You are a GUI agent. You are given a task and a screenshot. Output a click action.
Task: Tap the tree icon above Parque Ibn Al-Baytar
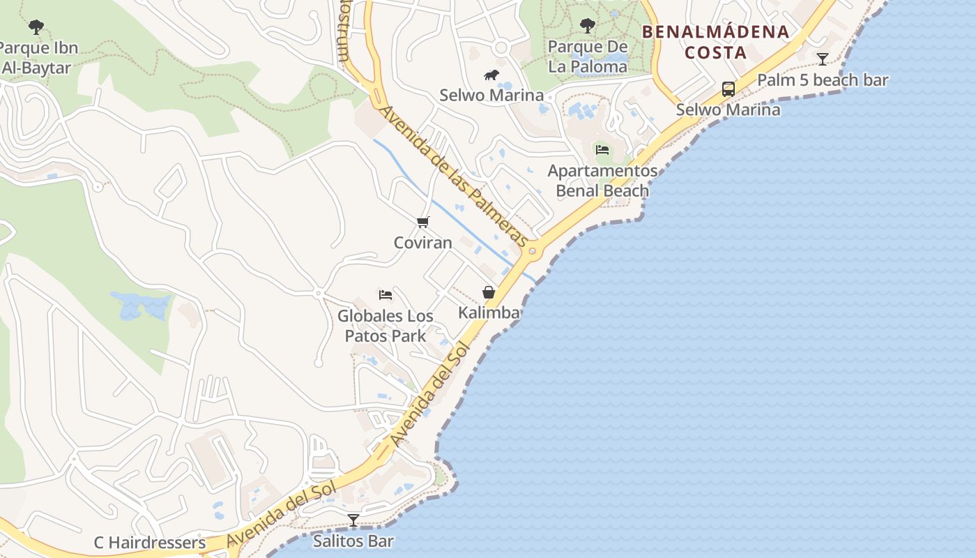point(36,27)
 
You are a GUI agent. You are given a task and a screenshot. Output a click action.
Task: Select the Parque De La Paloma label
point(588,56)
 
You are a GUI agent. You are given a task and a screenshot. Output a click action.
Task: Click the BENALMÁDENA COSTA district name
point(715,42)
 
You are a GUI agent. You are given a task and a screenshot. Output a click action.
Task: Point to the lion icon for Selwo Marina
point(491,75)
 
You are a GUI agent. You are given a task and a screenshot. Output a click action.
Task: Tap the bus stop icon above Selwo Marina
point(729,89)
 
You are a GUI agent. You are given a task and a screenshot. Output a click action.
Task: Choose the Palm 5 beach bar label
point(823,80)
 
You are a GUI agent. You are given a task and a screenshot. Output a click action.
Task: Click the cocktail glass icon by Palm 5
point(823,59)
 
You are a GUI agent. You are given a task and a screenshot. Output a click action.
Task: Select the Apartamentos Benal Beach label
point(602,181)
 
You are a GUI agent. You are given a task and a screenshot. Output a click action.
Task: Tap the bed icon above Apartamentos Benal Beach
point(602,149)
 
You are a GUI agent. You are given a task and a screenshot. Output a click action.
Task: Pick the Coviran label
point(423,243)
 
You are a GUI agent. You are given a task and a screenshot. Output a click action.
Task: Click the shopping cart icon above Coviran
point(423,223)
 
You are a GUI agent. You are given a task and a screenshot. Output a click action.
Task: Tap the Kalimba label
point(489,312)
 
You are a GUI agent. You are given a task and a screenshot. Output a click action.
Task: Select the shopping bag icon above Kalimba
point(489,292)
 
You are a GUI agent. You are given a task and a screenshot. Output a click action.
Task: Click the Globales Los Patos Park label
point(386,326)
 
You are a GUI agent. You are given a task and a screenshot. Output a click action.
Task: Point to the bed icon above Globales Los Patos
point(386,294)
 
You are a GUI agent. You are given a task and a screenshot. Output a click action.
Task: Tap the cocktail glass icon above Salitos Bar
point(353,520)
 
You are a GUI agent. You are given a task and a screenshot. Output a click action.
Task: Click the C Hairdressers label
point(150,543)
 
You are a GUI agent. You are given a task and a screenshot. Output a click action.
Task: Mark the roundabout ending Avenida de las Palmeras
point(532,251)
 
